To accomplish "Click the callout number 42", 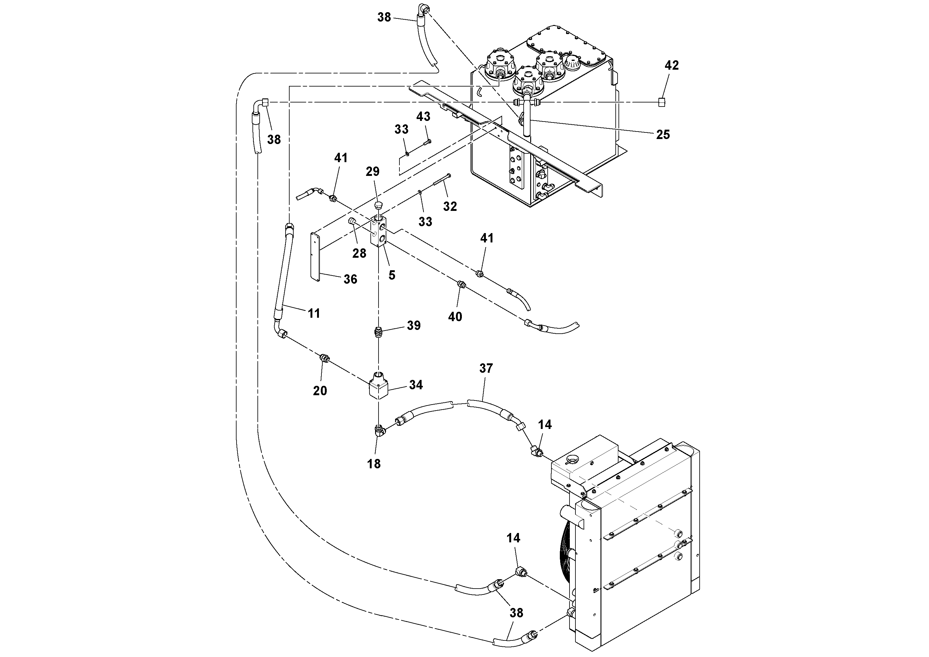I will click(x=672, y=66).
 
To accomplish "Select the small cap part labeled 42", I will click(x=662, y=102).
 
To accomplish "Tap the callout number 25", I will click(x=663, y=134).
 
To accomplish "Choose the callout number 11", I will click(x=314, y=313).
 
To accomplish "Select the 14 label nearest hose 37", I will click(x=545, y=425).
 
